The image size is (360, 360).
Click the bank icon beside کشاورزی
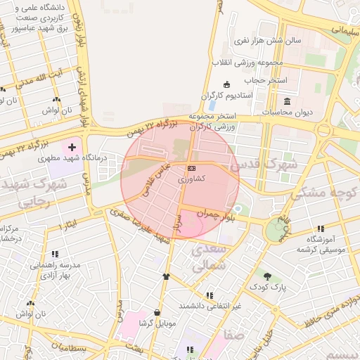pos(192,168)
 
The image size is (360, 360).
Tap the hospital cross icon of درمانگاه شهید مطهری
pos(72,147)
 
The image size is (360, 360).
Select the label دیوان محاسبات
pos(286,112)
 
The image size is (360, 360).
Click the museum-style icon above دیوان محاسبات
pos(287,101)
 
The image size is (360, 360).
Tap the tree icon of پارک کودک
pos(266,275)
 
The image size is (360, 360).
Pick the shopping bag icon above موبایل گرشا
pos(156,313)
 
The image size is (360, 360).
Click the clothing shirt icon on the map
pos(166,277)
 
